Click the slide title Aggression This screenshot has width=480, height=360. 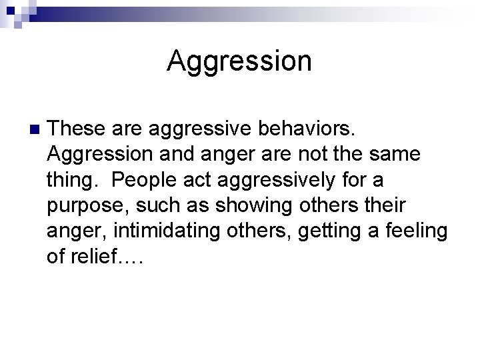[239, 61]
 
